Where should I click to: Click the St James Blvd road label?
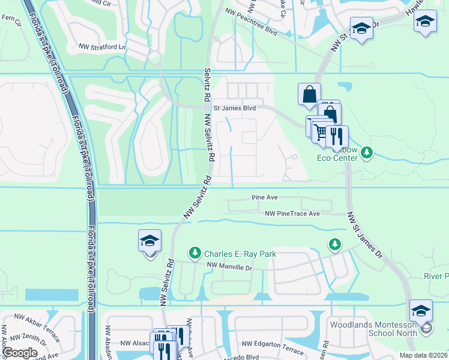235,108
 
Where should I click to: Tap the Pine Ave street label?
264,197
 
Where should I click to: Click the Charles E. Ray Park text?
240,254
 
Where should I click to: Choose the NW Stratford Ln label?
103,46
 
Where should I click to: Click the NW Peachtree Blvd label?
252,22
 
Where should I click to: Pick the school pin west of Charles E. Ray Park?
149,242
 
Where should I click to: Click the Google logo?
20,353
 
